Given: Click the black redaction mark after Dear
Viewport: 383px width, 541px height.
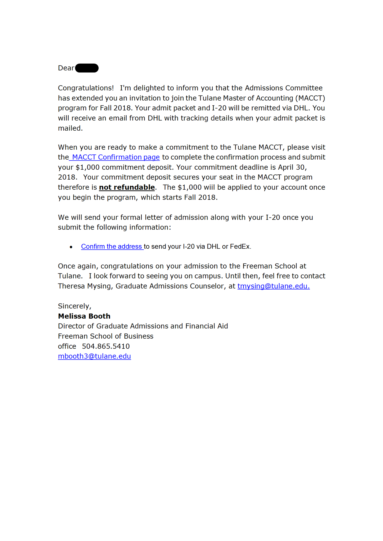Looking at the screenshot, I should [x=87, y=68].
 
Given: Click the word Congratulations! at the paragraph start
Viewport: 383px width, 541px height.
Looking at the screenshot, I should [x=86, y=88].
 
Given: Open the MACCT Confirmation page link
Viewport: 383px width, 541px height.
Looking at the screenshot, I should [x=116, y=157].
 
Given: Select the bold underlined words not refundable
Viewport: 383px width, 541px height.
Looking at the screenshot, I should [x=127, y=187].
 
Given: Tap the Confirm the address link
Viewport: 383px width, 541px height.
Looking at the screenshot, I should [x=112, y=246].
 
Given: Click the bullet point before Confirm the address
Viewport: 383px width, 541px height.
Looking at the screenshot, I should [x=71, y=247].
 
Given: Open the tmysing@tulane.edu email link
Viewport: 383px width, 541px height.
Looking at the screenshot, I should [x=273, y=286].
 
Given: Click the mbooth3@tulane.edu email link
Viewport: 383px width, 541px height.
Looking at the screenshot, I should [x=94, y=356].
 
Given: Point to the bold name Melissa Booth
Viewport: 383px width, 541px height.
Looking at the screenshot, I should [x=84, y=316].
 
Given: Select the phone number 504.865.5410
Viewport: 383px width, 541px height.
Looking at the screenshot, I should [x=106, y=346].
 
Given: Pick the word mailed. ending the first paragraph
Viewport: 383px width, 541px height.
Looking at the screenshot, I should [x=70, y=128].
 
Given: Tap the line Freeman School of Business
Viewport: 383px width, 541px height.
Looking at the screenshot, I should [x=105, y=336].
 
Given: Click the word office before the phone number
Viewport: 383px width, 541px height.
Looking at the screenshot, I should [x=67, y=346].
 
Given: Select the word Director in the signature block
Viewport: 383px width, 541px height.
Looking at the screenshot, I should [x=72, y=326].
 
